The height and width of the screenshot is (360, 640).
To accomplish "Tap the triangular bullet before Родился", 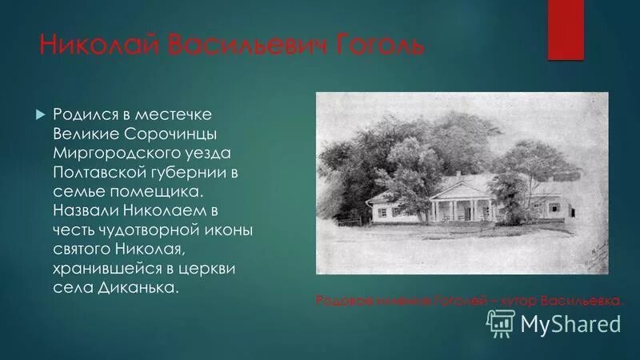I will point(41,116).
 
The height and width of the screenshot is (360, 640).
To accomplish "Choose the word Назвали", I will point(87,211).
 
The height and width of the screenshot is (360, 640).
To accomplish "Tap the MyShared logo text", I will point(570,323).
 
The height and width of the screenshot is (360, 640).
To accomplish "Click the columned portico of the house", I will point(456,206).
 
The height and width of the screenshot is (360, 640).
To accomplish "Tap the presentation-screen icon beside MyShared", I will point(502,322).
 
